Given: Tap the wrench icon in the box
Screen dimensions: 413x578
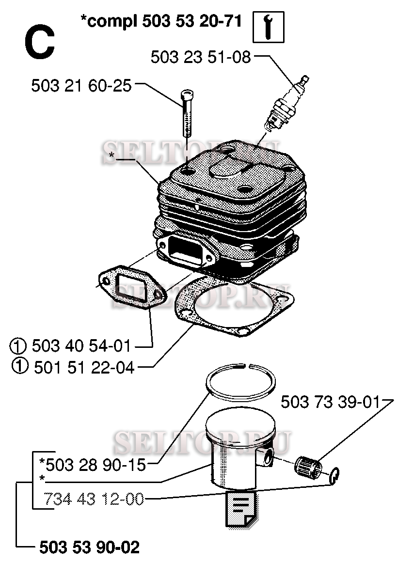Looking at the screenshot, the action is point(268,27).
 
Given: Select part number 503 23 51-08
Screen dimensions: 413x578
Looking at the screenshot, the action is point(201,57).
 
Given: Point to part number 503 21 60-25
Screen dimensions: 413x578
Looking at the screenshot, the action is point(81,86).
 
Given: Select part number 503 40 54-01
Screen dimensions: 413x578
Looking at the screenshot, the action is point(81,346).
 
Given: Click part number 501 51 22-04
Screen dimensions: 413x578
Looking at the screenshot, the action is point(84,368).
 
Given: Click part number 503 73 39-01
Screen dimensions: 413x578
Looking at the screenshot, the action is point(330,402).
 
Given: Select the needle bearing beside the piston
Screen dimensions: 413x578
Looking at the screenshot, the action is point(308,467).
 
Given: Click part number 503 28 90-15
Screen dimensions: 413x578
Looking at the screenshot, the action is point(93,465).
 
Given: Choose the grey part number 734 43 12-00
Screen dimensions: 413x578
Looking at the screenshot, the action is point(94,499).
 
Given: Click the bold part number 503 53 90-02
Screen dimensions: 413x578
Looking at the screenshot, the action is point(90,547).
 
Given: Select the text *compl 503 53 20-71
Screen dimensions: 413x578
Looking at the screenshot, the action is point(161,21).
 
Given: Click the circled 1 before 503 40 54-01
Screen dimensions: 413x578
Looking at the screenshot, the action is point(18,346).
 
